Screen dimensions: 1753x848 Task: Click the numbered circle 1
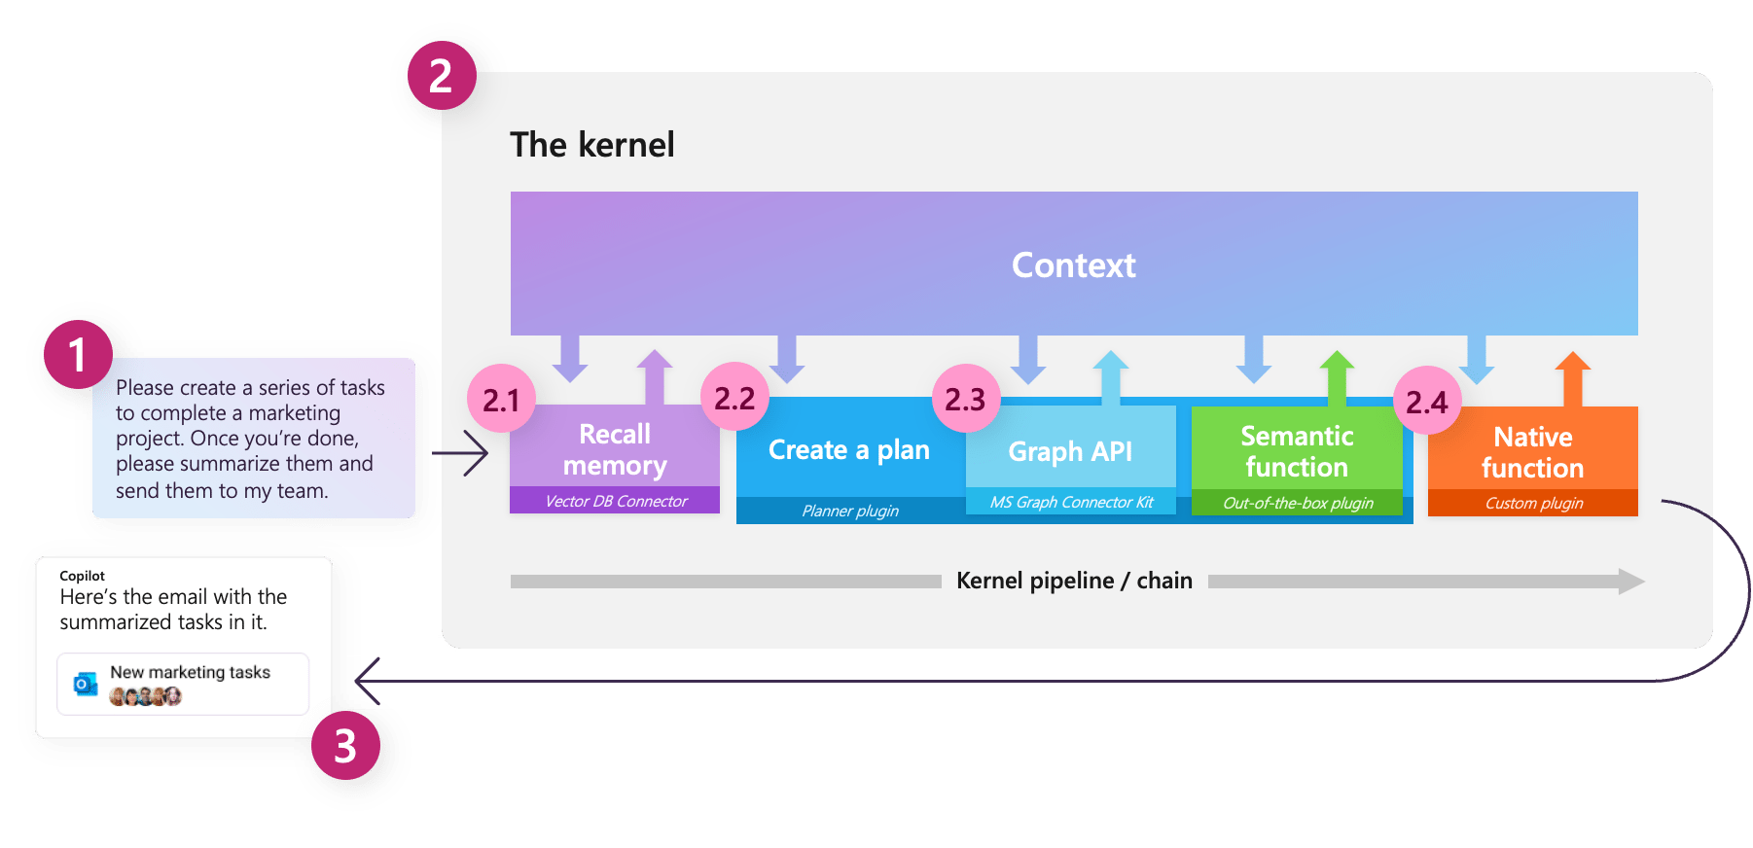pos(78,354)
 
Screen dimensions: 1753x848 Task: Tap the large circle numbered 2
pos(442,75)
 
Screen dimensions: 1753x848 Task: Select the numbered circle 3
pos(345,745)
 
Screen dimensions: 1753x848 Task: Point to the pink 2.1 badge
pos(501,399)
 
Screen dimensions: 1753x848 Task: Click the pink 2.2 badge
pos(734,397)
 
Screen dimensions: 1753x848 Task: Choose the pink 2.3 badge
pos(966,399)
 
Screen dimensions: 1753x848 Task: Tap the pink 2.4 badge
pos(1427,401)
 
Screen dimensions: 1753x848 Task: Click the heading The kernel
pos(592,145)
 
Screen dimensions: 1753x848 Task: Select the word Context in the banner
pos(1074,265)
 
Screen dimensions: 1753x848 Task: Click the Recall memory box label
pos(615,449)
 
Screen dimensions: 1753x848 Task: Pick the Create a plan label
pos(849,449)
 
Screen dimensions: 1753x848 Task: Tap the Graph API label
pos(1070,451)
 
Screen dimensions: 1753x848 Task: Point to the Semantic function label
pos(1297,451)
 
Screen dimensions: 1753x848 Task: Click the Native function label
pos(1533,452)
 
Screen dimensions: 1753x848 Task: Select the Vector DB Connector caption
pos(616,501)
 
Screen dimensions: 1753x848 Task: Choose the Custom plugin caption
pos(1534,503)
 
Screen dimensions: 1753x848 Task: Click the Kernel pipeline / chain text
pos(1074,581)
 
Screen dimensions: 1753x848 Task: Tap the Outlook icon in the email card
pos(86,684)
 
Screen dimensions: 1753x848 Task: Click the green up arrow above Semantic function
pos(1338,377)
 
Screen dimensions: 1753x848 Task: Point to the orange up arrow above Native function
pos(1573,378)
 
